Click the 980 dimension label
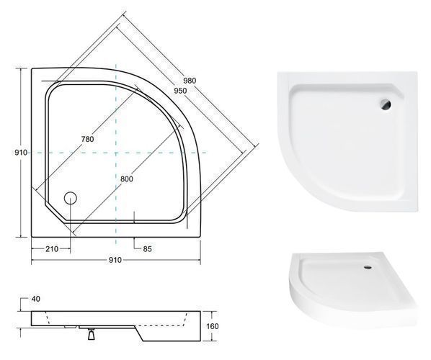190,81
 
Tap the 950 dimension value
180,91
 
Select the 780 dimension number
87,139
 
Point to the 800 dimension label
126,179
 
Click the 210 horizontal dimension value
52,249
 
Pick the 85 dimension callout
147,249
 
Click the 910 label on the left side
21,153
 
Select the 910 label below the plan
115,260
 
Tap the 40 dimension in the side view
36,299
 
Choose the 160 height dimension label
213,326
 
